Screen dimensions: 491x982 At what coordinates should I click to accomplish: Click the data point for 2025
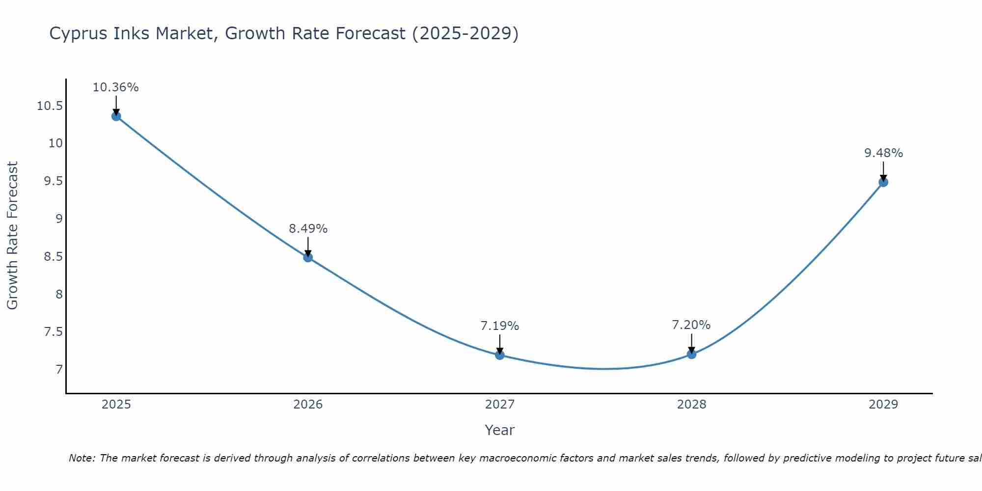point(116,116)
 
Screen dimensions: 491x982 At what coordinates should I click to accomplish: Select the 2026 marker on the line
point(308,257)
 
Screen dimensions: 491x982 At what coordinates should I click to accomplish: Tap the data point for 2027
point(500,355)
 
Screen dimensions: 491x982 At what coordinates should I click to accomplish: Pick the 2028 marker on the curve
point(691,354)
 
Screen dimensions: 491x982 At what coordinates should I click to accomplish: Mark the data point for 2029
point(883,182)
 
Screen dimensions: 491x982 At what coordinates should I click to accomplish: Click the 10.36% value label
point(116,87)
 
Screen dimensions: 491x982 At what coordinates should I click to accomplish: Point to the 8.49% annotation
point(308,228)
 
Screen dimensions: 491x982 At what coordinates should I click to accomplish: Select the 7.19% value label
point(500,326)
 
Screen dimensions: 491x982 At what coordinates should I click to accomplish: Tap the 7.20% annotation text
point(691,325)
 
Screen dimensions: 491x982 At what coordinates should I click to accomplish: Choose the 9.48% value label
point(883,153)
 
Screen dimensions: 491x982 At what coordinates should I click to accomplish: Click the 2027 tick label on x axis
point(500,405)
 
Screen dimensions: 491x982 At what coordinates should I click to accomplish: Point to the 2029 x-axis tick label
point(883,405)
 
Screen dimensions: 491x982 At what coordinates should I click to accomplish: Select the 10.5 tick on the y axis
point(50,106)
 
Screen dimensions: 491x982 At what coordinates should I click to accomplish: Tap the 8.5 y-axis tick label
point(54,257)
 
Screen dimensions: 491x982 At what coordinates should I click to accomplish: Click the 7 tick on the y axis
point(59,370)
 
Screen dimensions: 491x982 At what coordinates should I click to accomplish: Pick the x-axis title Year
point(499,430)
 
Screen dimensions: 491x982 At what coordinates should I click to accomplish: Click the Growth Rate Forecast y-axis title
point(12,236)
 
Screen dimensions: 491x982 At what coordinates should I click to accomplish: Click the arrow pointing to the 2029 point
point(883,172)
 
